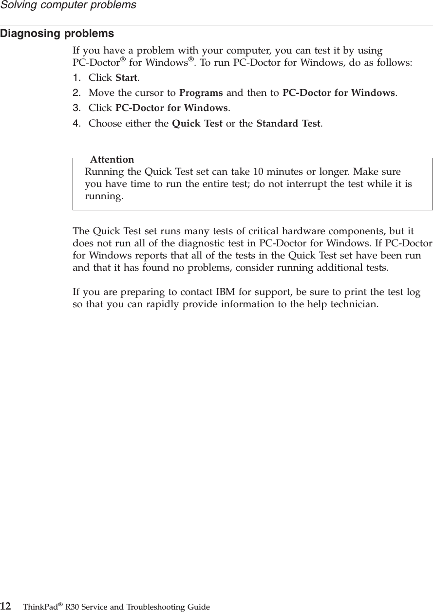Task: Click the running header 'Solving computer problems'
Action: pos(68,6)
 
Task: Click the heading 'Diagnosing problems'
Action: pos(57,34)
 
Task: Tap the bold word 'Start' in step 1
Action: pos(126,78)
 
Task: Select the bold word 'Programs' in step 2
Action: pos(201,93)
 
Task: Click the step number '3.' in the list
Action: pos(76,108)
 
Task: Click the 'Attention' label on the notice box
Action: pos(112,159)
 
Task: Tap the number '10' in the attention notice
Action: pos(254,172)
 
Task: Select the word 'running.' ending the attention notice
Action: pos(104,196)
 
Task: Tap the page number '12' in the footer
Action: pos(6,607)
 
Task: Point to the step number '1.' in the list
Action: pos(76,78)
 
